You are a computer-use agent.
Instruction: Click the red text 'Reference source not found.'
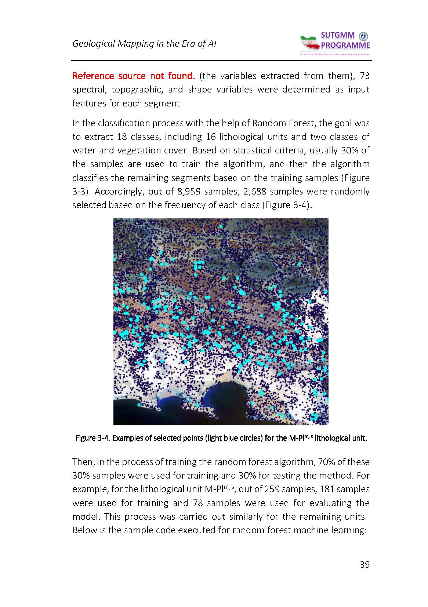(x=133, y=76)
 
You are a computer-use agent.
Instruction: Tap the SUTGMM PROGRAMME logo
(x=335, y=43)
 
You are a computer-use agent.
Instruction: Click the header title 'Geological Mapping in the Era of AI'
(x=144, y=44)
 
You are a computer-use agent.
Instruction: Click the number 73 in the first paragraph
(x=364, y=76)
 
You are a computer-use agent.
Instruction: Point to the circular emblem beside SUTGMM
(x=363, y=36)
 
